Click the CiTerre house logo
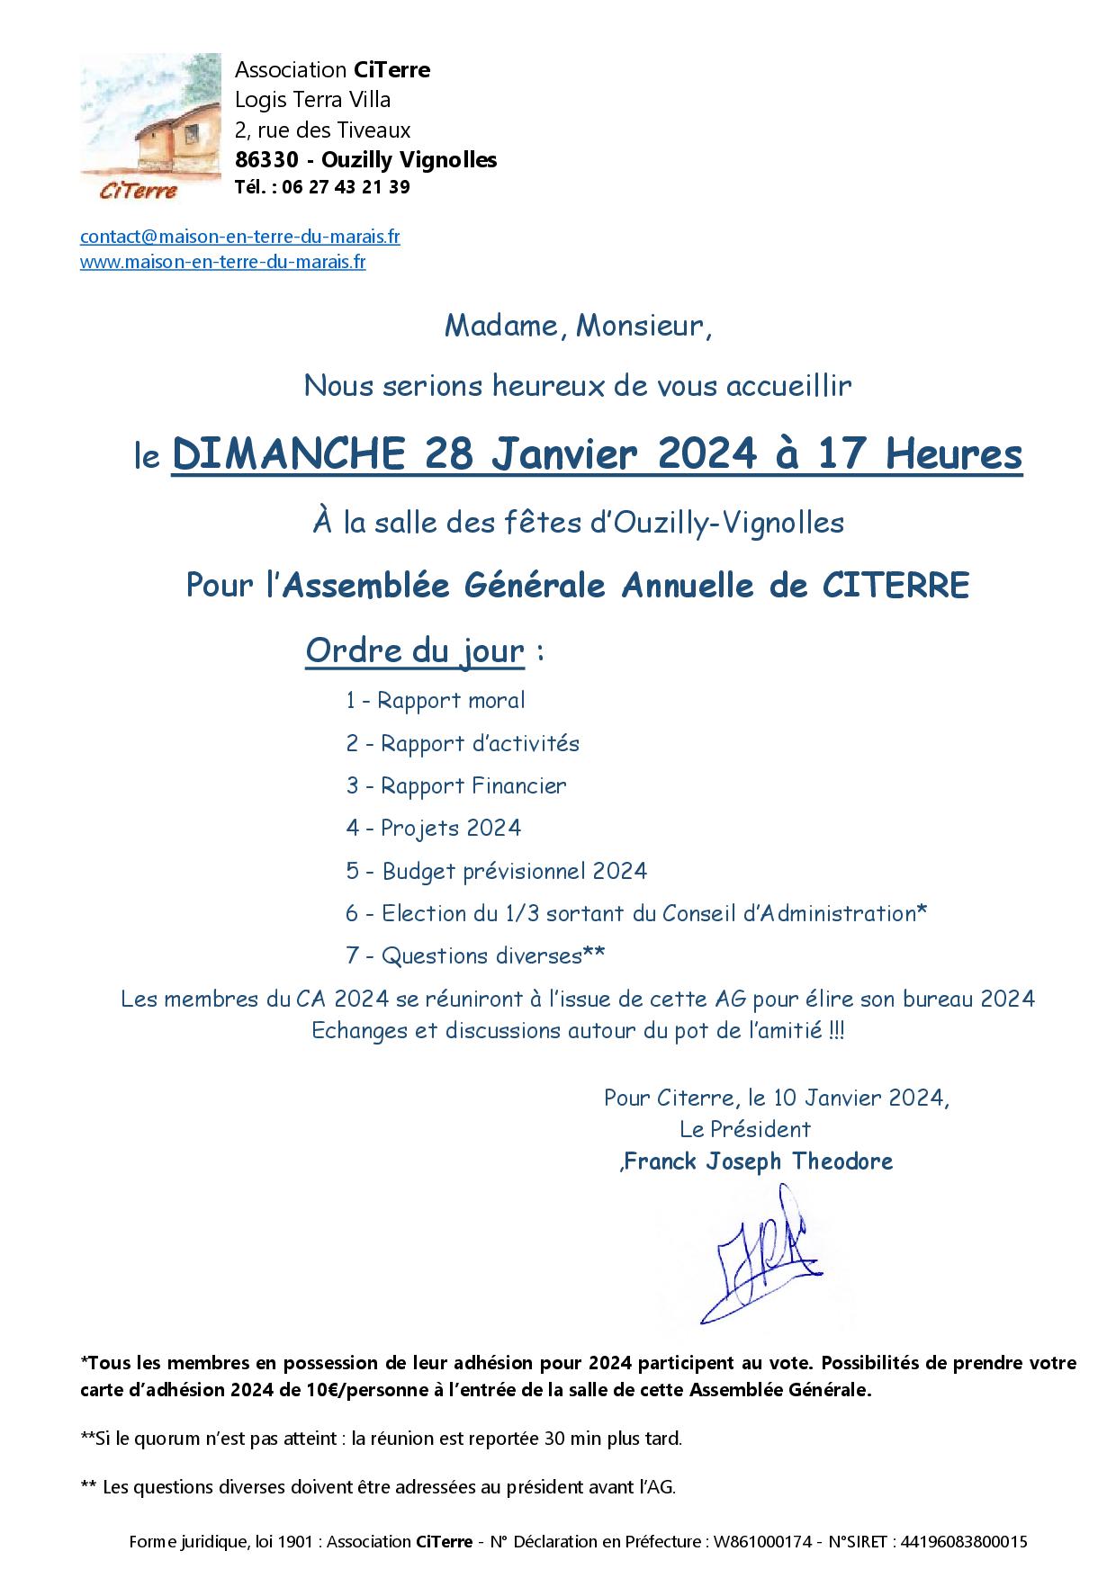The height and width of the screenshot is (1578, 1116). tap(149, 126)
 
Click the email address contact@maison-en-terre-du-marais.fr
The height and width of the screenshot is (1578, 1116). tap(239, 237)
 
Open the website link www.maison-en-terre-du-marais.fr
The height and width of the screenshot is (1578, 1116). tap(222, 263)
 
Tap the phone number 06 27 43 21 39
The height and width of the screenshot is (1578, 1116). tap(346, 187)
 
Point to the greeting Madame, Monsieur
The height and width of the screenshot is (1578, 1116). tap(578, 326)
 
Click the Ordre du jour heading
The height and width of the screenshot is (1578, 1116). tap(414, 650)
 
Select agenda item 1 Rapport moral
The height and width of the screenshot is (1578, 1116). tap(435, 700)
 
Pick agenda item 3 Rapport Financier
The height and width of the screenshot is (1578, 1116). tap(455, 785)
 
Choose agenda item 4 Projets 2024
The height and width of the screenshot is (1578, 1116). tap(433, 828)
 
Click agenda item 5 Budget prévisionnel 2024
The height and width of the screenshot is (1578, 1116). tap(496, 871)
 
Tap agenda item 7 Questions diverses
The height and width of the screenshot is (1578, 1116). tap(474, 955)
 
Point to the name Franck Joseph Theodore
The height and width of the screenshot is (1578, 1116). tap(758, 1161)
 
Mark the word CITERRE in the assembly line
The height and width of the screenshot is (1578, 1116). tap(896, 586)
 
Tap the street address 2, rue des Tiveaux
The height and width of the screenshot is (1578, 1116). tap(322, 130)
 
